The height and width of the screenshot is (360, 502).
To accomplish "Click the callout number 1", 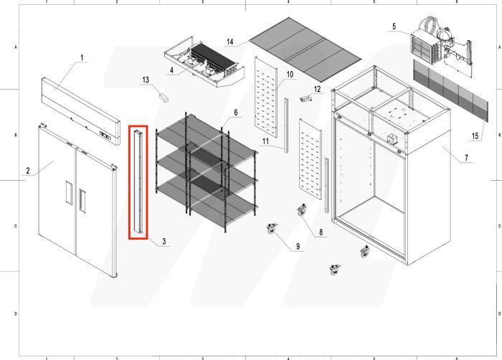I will pos(81,57).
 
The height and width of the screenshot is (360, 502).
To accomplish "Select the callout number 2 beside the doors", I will pos(27,171).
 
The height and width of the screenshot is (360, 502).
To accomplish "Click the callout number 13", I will pos(145,80).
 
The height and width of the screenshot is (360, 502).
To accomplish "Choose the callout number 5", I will pos(394,27).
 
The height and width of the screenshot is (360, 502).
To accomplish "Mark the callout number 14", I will pos(229,42).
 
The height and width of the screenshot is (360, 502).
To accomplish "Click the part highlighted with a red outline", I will pos(138,182).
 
